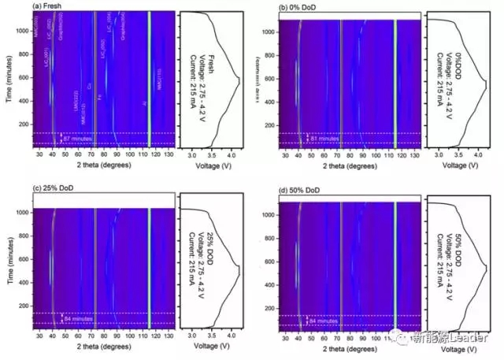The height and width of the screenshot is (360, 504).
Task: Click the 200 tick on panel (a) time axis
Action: tap(21, 124)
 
